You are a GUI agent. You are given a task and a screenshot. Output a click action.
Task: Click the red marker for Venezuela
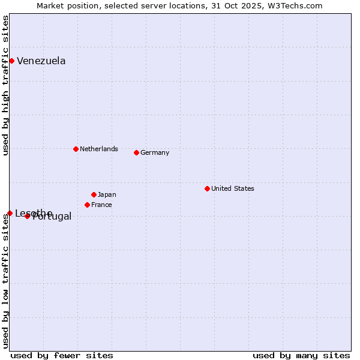11,61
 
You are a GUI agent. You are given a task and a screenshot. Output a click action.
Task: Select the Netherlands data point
76,149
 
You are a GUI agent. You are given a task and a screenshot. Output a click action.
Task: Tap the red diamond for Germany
136,152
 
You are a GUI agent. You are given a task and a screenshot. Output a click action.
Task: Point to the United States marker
207,188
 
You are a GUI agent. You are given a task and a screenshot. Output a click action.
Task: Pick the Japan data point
94,194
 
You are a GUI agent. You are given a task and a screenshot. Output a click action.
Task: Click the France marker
87,205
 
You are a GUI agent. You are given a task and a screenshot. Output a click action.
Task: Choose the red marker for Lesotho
10,213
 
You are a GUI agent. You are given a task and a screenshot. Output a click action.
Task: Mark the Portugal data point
27,216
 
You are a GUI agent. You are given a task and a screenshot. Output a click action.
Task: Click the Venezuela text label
41,61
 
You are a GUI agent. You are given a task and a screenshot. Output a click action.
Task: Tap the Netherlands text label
98,149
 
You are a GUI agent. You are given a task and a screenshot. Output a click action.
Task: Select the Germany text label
155,152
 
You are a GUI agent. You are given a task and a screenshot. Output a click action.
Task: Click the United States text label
232,188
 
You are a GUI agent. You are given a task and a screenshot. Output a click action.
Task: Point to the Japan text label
107,194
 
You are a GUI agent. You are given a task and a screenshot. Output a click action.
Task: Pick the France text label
101,205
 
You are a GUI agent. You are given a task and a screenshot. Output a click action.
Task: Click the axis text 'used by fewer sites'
62,355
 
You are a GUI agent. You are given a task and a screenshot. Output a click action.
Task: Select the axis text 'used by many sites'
301,355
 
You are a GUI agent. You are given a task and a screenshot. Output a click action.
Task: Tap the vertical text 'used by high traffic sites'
5,85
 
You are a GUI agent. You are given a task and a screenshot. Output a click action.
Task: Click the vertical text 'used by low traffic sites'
5,281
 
